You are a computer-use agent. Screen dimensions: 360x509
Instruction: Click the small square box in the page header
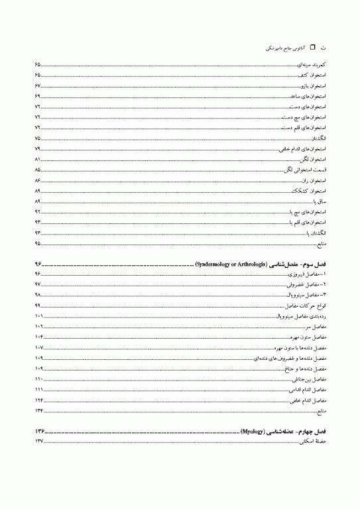point(314,48)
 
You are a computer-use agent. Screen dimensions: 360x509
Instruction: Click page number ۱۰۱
point(38,316)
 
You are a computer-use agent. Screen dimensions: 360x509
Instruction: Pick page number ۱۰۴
point(38,337)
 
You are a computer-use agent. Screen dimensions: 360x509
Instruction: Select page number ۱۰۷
point(38,347)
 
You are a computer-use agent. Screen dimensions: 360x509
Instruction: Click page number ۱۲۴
point(38,400)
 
